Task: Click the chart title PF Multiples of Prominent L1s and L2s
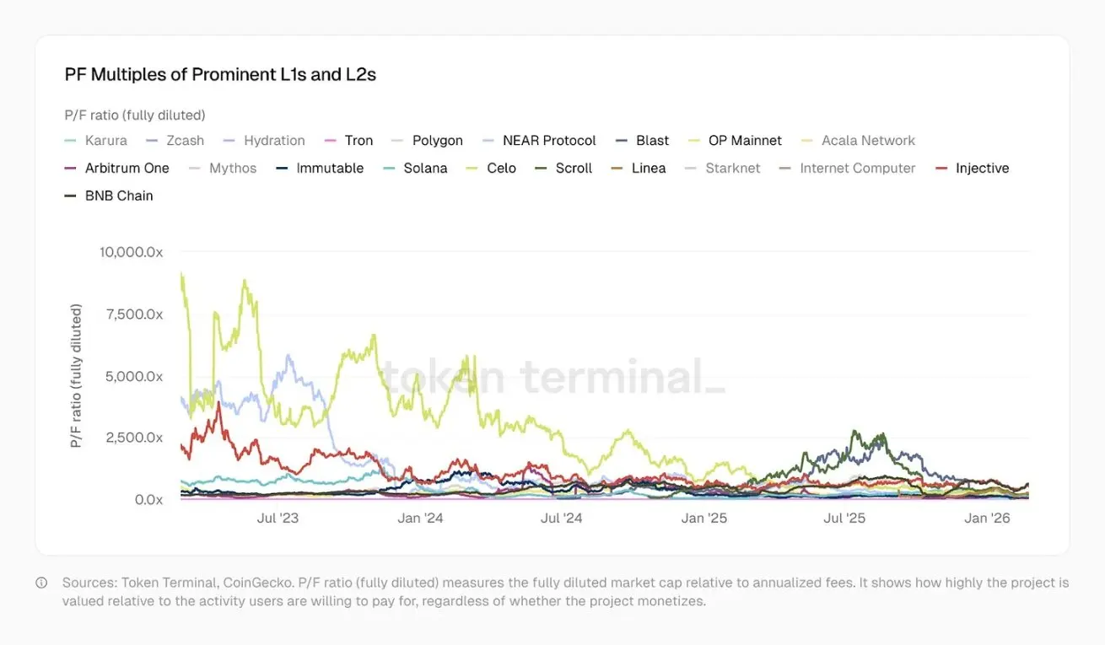click(220, 74)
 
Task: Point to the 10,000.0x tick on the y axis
click(131, 252)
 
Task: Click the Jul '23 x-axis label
click(278, 518)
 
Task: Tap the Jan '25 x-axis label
click(703, 518)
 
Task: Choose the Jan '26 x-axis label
click(987, 518)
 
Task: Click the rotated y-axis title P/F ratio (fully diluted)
click(77, 376)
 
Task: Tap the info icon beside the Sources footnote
click(41, 583)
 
